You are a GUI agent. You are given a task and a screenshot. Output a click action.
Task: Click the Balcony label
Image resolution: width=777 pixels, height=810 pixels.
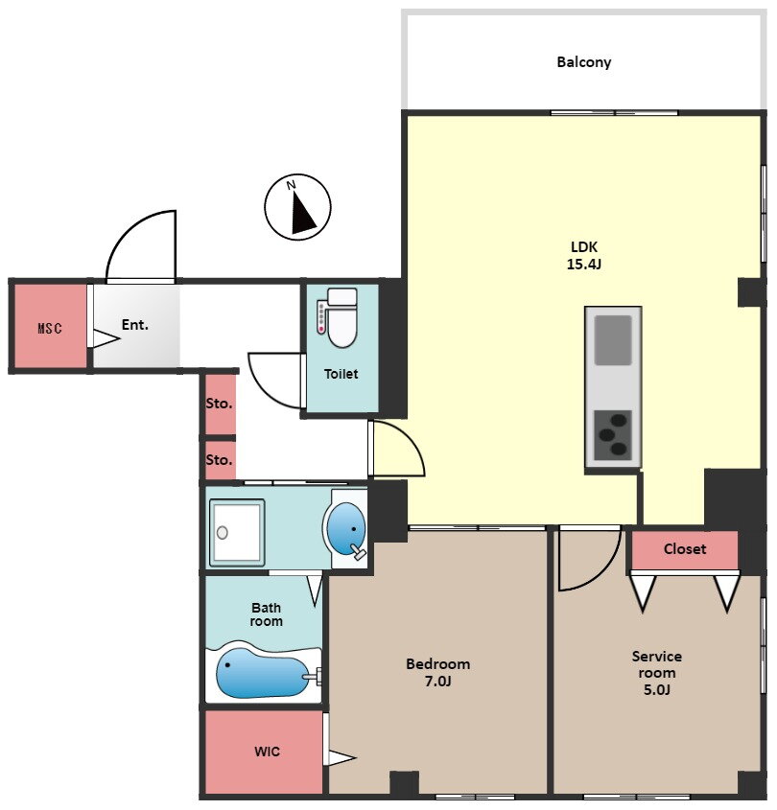point(583,62)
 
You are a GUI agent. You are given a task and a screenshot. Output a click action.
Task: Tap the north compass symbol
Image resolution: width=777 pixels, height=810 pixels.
point(297,207)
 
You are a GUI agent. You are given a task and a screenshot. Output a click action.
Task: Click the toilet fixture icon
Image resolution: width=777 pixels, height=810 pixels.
point(338,317)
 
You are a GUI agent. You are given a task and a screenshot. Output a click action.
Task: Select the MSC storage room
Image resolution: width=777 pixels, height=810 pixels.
point(50,327)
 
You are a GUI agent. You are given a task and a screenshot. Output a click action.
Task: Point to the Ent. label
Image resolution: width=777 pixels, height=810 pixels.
point(135,325)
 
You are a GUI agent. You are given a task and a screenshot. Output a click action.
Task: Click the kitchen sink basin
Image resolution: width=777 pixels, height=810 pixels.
point(613,340)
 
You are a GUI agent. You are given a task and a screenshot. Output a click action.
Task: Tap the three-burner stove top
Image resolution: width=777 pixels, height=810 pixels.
point(613,435)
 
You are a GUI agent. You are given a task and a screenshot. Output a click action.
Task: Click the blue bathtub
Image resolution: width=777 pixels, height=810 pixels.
point(263,673)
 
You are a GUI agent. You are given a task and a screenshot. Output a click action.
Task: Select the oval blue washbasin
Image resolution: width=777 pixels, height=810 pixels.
point(346,529)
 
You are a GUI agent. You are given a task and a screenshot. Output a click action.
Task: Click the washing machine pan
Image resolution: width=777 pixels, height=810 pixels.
point(237,532)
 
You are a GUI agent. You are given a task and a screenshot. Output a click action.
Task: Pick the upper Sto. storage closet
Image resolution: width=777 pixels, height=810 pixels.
point(221,405)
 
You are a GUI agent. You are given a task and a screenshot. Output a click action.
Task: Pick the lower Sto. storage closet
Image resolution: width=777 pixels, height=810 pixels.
point(221,460)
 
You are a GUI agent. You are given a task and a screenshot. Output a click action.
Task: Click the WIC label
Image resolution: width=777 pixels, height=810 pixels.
point(268,752)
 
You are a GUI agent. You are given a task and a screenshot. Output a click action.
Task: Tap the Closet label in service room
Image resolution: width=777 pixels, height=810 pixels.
point(685,548)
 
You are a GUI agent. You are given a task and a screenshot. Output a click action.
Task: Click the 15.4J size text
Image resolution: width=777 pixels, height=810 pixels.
point(584,265)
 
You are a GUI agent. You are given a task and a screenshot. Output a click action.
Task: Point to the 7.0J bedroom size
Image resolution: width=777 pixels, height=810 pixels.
point(437,682)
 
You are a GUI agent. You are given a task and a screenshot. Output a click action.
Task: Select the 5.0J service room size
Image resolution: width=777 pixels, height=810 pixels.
point(656,689)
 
